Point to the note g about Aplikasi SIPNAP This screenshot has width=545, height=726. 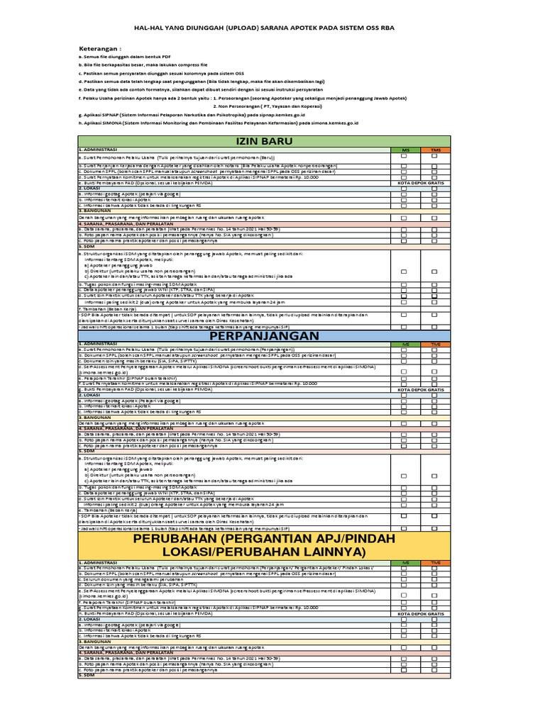(x=192, y=114)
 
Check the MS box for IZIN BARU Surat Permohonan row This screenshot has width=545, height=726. (x=404, y=157)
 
